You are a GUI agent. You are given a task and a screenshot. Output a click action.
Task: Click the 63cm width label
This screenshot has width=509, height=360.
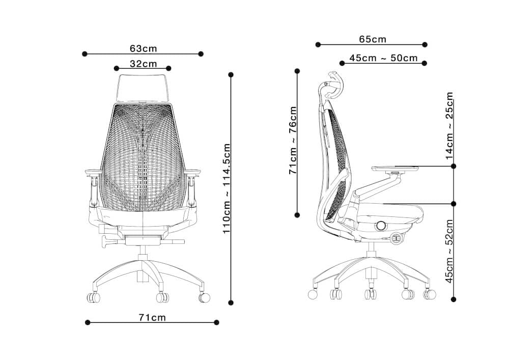[143, 49]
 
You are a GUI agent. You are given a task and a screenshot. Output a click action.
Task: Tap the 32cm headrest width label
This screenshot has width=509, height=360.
[143, 64]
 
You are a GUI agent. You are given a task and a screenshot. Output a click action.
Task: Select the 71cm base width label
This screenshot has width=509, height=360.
[152, 317]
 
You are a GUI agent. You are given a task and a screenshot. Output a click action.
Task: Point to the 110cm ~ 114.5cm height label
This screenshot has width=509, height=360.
[227, 188]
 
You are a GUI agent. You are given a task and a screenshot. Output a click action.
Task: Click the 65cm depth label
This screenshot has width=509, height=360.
[373, 39]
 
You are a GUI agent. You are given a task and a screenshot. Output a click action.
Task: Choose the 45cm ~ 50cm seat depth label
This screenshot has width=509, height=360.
[383, 58]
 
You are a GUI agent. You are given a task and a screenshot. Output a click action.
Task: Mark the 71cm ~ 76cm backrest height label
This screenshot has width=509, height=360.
[293, 140]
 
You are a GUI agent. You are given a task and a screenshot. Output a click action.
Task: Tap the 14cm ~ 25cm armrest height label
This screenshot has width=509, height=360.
[449, 126]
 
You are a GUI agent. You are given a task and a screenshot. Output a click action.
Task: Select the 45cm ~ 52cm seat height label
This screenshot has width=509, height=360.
[449, 251]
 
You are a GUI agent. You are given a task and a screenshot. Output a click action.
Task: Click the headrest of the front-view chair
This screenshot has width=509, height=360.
[143, 88]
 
